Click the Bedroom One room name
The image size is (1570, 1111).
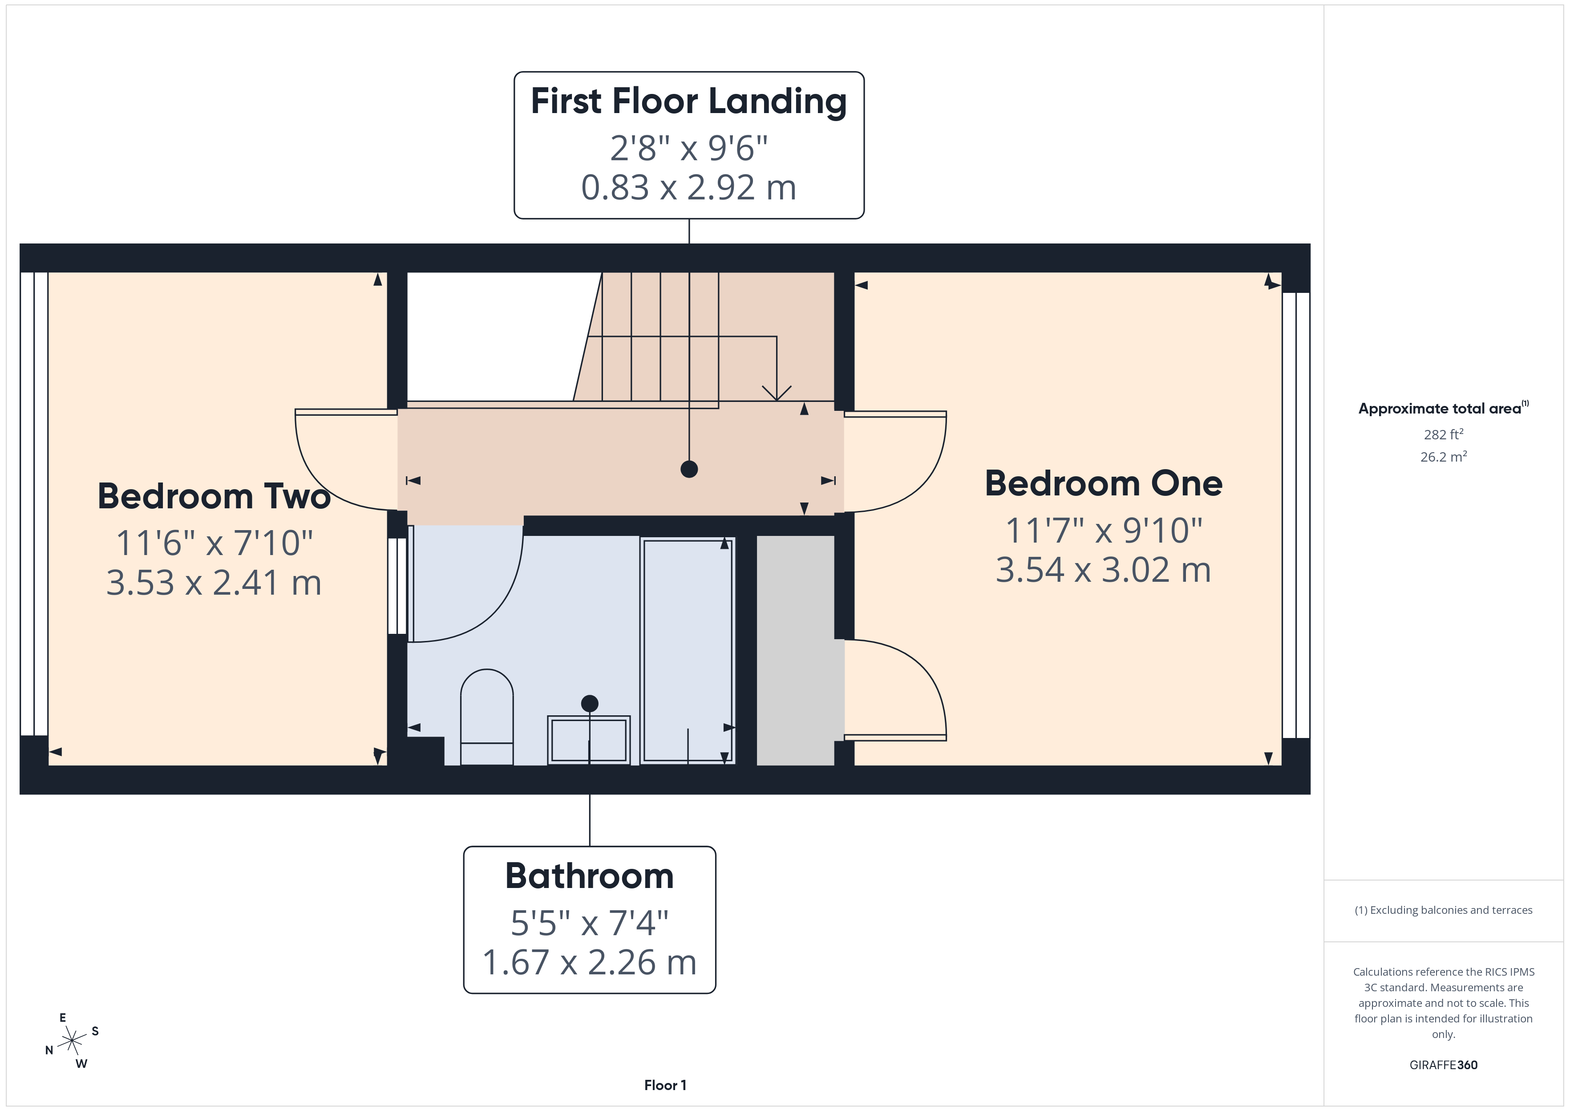[x=1103, y=484]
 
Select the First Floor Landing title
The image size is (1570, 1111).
[x=688, y=101]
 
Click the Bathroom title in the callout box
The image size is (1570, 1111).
[x=590, y=876]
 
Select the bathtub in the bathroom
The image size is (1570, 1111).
[x=687, y=650]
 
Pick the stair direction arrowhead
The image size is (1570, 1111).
[x=777, y=394]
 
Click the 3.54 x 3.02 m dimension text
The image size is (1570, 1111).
[x=1103, y=570]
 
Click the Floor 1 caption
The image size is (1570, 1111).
[x=665, y=1085]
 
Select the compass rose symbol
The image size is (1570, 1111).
[x=72, y=1041]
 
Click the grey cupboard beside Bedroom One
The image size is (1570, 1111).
[x=795, y=650]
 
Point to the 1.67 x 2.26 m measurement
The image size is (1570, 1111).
[x=590, y=962]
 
